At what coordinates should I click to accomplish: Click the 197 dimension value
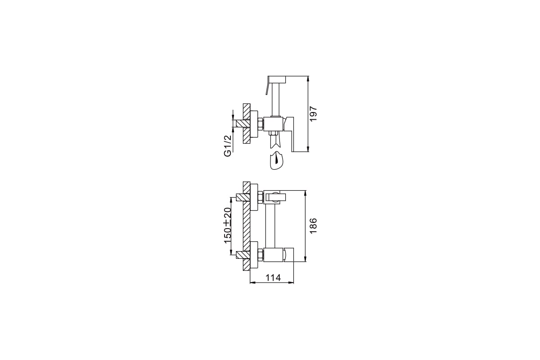click(x=313, y=114)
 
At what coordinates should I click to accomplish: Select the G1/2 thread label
click(x=228, y=146)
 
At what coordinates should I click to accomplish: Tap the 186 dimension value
click(x=313, y=226)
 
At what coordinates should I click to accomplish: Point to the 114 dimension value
click(x=273, y=278)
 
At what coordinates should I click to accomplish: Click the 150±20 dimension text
click(x=228, y=225)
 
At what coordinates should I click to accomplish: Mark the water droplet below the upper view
click(x=276, y=160)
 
